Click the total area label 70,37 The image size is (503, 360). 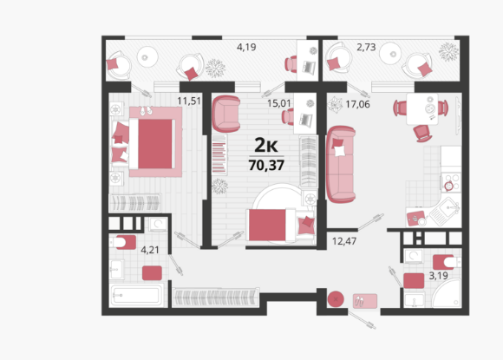pos(266,165)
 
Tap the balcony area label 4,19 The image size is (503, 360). pos(246,47)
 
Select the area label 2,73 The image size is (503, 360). pos(366,47)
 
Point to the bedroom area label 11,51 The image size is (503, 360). pos(189,101)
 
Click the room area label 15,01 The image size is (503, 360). pos(278,103)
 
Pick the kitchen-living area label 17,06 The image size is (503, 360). pos(357,104)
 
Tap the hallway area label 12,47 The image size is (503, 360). pos(344,241)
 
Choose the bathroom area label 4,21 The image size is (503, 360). pos(150,250)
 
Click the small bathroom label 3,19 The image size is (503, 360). pos(439,276)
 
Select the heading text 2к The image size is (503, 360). pos(266,146)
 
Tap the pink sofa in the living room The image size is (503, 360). pos(341,164)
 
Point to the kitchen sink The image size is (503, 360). pos(445,211)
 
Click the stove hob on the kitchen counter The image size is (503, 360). pos(451,182)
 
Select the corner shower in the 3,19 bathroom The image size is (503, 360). pos(447,292)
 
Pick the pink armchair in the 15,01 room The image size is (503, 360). pos(226,114)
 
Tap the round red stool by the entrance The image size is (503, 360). pos(336,299)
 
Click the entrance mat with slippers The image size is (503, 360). pos(365,301)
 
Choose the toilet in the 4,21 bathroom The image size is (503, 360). pos(123,242)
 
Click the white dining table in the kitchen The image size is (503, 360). pos(422,108)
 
